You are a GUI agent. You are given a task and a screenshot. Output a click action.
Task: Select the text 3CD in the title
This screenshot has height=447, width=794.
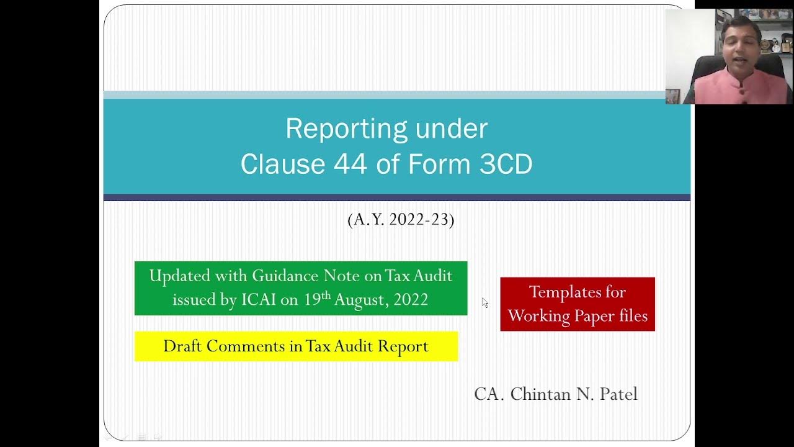(x=506, y=165)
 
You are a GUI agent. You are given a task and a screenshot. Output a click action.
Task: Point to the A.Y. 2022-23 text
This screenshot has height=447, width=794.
(x=401, y=220)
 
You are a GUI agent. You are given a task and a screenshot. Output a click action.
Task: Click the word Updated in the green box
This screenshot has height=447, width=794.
(x=180, y=276)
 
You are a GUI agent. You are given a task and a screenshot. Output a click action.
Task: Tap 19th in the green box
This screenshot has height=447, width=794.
(x=317, y=299)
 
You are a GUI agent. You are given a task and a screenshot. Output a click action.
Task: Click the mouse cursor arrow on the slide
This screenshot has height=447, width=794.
(x=484, y=302)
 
